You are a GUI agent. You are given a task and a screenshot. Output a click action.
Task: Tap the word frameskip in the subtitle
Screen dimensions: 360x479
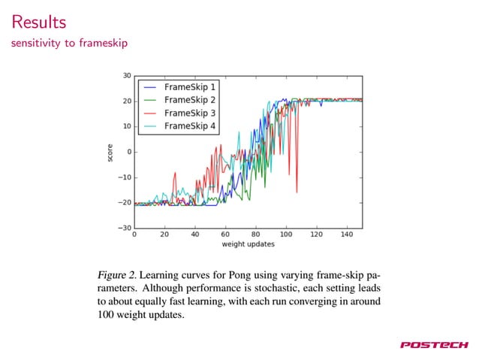[103, 43]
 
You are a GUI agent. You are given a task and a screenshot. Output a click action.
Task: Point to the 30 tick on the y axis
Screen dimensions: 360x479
[126, 75]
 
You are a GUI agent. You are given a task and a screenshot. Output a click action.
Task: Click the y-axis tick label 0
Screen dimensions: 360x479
[128, 152]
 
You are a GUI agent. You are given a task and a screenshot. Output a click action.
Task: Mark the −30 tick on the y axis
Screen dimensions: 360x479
[124, 228]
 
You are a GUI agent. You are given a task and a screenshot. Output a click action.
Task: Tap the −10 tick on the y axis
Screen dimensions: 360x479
[124, 177]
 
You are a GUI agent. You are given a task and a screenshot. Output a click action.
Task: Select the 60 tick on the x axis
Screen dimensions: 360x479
[225, 234]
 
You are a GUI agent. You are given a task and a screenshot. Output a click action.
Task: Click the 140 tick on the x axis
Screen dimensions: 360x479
[347, 234]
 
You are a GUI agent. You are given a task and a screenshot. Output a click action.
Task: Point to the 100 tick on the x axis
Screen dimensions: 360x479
[286, 234]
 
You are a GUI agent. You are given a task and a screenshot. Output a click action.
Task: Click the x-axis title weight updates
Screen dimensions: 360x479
[248, 244]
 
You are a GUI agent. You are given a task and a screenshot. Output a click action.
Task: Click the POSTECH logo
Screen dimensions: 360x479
[434, 345]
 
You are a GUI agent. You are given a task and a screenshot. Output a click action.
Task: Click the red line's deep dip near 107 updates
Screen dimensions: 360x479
[297, 192]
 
